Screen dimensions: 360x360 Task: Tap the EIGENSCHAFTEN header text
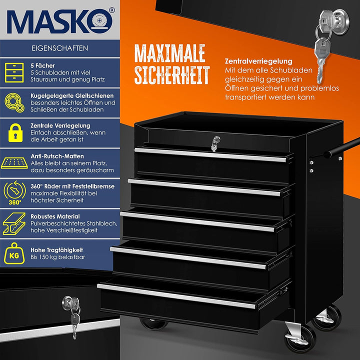click(x=60, y=48)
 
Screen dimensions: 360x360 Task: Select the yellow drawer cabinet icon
click(x=14, y=72)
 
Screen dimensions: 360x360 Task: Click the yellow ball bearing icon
click(x=14, y=102)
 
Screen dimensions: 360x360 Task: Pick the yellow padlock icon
click(x=15, y=132)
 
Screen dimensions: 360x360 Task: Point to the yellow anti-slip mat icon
click(x=14, y=163)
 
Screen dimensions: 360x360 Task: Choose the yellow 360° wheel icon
click(x=14, y=193)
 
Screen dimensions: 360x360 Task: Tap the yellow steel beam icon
click(x=14, y=223)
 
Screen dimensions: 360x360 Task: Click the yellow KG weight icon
click(x=14, y=253)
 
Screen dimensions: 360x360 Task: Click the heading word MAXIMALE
click(x=169, y=53)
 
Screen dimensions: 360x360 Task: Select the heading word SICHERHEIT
click(x=172, y=75)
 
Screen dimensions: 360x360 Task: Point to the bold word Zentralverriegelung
click(x=258, y=61)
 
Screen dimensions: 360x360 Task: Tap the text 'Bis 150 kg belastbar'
click(x=58, y=257)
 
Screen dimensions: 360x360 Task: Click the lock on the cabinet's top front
click(x=215, y=143)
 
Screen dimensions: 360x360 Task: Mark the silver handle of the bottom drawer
click(x=176, y=296)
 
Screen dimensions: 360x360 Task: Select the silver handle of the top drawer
click(x=210, y=154)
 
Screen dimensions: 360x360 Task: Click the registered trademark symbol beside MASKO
click(x=112, y=10)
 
